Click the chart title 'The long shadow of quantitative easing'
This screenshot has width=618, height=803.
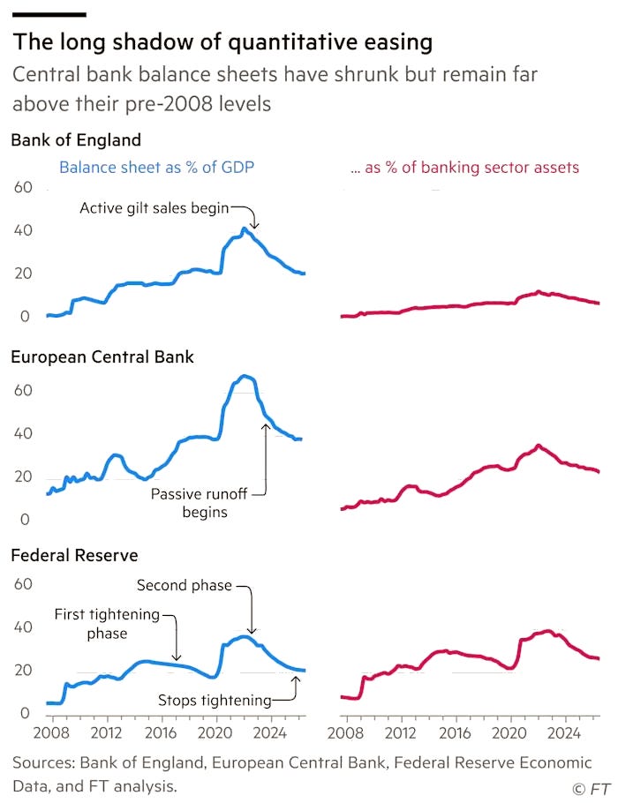point(222,42)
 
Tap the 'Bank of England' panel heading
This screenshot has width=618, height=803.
point(76,139)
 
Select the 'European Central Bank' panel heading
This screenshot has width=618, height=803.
point(102,356)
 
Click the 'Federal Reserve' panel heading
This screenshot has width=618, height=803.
point(74,555)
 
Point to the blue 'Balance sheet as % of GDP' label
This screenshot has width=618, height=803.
point(157,168)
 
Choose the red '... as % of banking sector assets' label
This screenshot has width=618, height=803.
point(464,168)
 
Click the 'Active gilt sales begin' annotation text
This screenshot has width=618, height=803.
point(154,208)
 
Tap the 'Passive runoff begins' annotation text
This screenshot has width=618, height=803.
point(200,503)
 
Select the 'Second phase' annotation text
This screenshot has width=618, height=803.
point(185,585)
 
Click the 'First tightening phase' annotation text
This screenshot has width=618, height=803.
point(107,623)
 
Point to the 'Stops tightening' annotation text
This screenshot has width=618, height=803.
point(215,700)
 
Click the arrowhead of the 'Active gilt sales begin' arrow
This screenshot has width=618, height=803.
point(254,226)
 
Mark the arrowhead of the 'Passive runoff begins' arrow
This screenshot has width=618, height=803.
point(266,426)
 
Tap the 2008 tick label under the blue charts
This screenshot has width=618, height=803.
point(51,732)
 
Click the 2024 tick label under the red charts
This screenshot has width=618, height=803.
point(564,732)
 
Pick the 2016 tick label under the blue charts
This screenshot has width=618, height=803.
point(161,732)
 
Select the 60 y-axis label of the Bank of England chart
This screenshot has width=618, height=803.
point(23,187)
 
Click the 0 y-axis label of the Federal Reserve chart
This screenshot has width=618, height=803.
point(25,713)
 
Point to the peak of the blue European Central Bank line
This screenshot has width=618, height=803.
point(245,377)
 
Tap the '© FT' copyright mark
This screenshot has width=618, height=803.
point(591,789)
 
